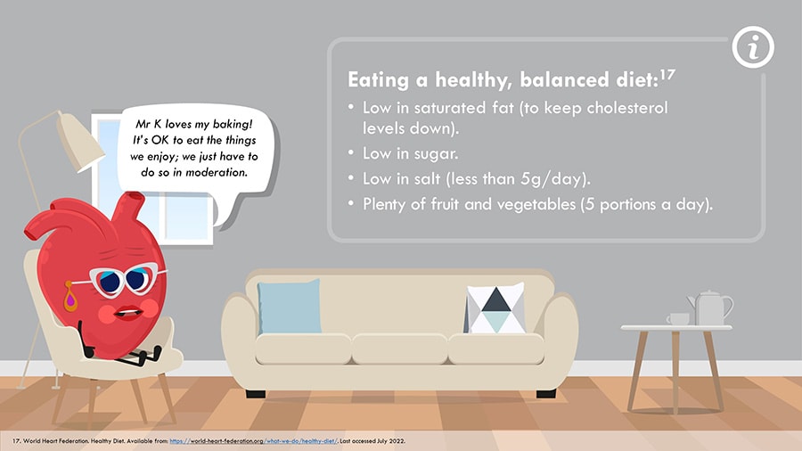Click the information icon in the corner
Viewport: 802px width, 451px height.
[753, 47]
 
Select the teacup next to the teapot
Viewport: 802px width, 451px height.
[678, 319]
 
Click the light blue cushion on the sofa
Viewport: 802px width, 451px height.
[290, 307]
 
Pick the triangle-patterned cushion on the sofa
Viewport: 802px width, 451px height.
[495, 308]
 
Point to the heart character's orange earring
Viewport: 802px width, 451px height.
[70, 296]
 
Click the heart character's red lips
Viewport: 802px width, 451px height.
[127, 311]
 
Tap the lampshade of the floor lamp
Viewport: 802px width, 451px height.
[80, 141]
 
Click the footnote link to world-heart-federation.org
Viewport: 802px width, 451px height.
[254, 441]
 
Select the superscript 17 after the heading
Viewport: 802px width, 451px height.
[667, 76]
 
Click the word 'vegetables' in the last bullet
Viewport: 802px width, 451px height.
[536, 204]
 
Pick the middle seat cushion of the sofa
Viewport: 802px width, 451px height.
[399, 348]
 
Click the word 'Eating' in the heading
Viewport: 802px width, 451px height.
[378, 80]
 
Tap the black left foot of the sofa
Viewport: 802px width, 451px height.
[256, 394]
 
